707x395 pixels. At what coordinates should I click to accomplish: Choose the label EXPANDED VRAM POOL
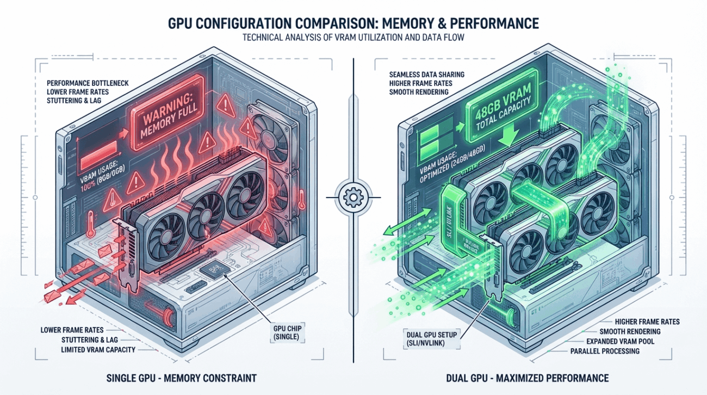[618, 341]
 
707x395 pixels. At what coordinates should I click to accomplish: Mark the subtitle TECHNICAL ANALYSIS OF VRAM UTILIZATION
[305, 38]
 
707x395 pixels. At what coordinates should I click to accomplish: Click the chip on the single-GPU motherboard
[213, 270]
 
